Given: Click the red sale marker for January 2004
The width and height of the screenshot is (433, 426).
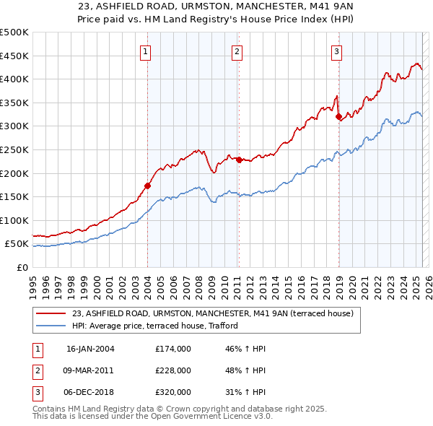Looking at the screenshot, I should click(x=147, y=186).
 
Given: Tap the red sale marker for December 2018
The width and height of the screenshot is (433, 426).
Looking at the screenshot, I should click(x=338, y=117).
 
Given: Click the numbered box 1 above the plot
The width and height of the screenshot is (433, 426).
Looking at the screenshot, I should click(x=146, y=51).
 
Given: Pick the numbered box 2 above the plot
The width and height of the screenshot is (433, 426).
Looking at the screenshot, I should click(x=237, y=51).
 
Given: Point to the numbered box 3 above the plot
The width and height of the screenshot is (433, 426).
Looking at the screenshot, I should click(x=337, y=51).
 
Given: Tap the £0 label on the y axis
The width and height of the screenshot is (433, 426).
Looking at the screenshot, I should click(x=22, y=267).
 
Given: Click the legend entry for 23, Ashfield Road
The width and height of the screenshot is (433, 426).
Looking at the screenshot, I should click(x=212, y=313).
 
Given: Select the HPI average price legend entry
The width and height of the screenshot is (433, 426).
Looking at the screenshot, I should click(x=159, y=326).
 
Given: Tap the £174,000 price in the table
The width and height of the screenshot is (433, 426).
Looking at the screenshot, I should click(x=173, y=349).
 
